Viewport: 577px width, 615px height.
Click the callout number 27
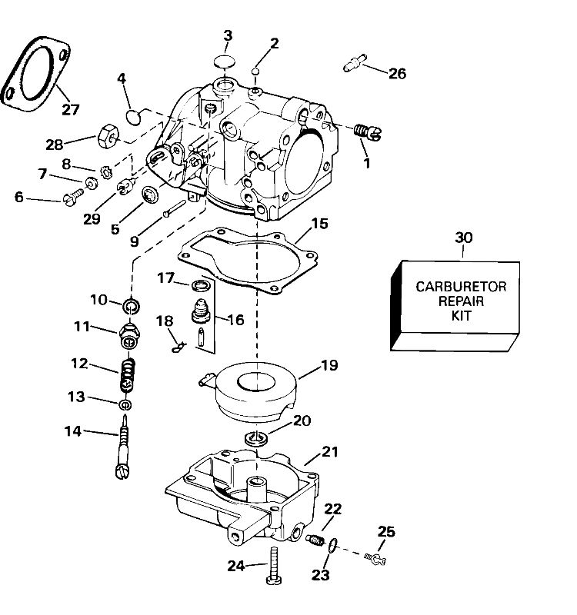coord(70,110)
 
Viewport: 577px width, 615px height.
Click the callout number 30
coord(464,238)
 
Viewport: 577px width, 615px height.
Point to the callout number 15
coord(319,224)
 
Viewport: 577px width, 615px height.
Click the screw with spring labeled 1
coord(362,132)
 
